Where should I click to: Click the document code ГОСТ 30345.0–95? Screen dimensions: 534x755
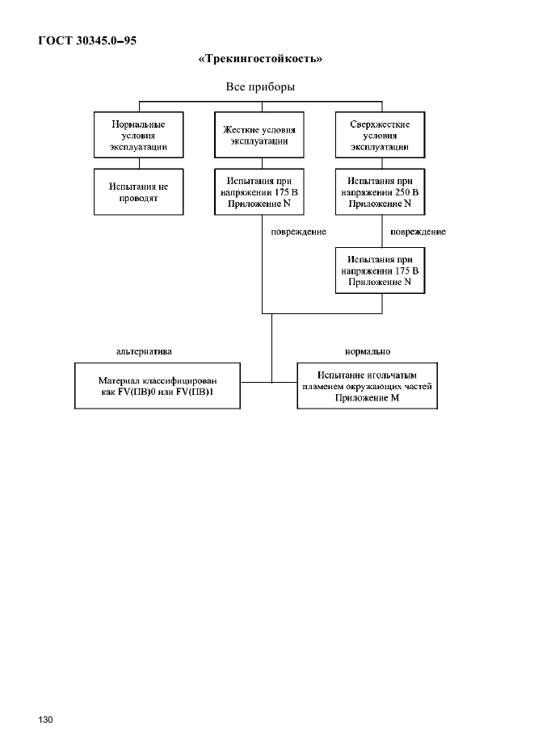(87, 40)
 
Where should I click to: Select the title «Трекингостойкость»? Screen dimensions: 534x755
(260, 59)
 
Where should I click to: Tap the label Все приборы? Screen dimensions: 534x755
(260, 87)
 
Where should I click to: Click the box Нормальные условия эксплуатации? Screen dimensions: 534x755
(139, 135)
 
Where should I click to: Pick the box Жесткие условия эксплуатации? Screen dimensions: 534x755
(259, 135)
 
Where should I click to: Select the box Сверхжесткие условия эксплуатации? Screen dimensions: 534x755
(380, 135)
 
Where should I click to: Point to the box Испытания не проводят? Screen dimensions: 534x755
(139, 191)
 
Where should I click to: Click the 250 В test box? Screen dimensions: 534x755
(380, 191)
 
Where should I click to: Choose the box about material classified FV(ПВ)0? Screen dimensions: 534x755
(158, 386)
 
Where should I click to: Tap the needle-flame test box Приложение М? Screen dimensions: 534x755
(368, 386)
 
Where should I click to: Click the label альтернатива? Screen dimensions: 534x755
(144, 351)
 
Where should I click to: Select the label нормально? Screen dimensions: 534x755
(368, 351)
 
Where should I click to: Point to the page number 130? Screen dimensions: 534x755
(45, 719)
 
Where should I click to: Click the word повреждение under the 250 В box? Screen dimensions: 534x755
(418, 232)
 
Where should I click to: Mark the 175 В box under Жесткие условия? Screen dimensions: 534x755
(259, 191)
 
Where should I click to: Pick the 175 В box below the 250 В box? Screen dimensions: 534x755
(380, 271)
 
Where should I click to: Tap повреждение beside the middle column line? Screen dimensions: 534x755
(299, 232)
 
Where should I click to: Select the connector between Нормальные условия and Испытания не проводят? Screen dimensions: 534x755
(139, 163)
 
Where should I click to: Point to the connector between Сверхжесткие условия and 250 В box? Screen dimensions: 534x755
(382, 163)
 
